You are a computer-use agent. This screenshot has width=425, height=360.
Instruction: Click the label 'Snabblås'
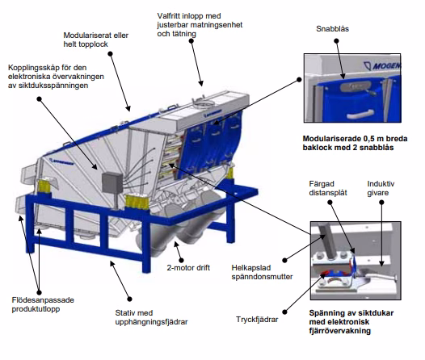(333, 29)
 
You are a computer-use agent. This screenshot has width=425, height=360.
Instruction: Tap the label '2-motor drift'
(188, 267)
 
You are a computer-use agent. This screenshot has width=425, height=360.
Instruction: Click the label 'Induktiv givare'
(382, 188)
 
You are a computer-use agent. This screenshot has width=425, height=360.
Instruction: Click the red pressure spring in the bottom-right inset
(331, 277)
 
